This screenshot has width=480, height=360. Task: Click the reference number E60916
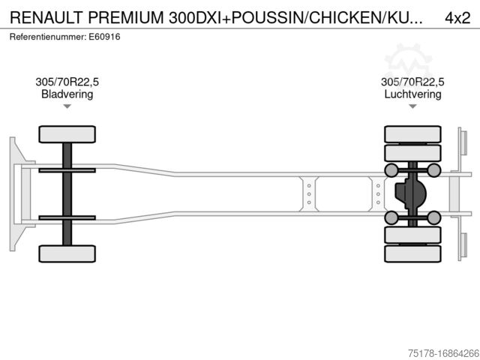105,36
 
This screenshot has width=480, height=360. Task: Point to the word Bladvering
67,94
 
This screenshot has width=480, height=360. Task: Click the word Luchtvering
412,94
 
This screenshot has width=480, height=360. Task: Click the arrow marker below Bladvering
67,106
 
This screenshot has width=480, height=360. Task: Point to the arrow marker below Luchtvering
412,106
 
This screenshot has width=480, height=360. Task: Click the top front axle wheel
67,134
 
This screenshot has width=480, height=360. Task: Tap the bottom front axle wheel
67,253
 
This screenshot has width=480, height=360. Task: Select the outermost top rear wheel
412,134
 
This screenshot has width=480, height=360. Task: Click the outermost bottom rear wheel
412,253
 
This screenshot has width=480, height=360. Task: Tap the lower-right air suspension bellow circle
434,217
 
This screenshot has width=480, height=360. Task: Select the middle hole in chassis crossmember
309,193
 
